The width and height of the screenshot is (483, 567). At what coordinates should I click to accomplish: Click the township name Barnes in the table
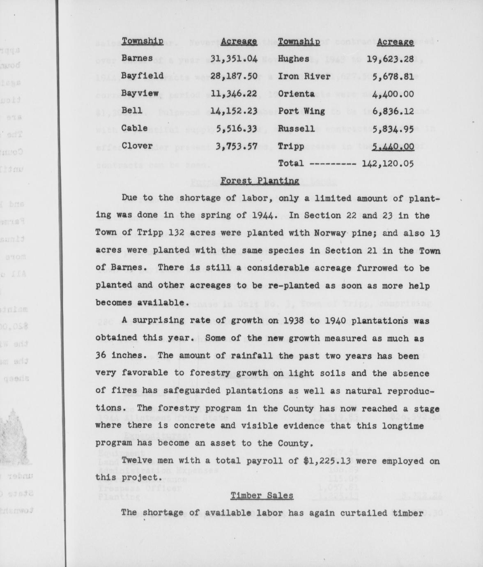[137, 58]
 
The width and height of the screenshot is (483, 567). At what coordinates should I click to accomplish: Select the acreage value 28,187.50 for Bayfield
[234, 76]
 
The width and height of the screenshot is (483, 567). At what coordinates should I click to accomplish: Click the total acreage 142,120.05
[387, 164]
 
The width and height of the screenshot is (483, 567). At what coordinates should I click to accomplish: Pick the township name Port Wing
[301, 111]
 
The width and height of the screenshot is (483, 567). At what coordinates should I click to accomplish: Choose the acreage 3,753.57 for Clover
[234, 146]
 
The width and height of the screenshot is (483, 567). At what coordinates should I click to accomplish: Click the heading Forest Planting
[260, 181]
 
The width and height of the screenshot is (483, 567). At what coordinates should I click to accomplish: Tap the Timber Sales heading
[262, 496]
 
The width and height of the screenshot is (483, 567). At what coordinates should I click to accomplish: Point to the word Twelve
[136, 461]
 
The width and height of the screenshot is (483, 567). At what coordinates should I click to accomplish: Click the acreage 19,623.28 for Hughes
[390, 59]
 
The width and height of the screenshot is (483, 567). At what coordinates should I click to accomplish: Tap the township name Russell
[296, 129]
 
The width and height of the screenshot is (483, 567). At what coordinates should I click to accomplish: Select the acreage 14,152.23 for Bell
[234, 111]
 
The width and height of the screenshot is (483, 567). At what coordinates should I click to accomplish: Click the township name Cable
[134, 128]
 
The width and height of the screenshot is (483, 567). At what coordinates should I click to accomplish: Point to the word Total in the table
[291, 164]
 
